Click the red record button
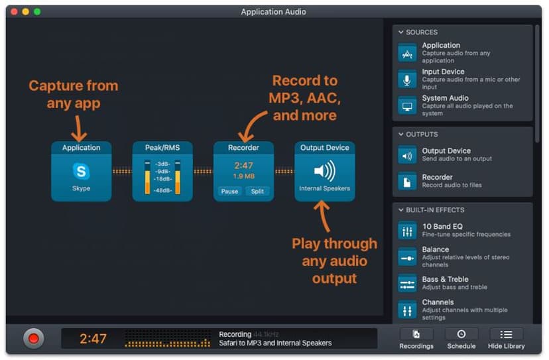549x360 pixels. (x=34, y=338)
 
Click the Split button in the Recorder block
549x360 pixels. (x=257, y=191)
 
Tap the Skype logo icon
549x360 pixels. (x=82, y=171)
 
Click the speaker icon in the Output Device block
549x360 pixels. (x=325, y=171)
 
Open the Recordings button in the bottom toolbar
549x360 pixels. (x=416, y=339)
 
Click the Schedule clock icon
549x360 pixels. (x=461, y=334)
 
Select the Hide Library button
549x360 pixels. (x=507, y=339)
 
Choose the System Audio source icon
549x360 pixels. (x=407, y=106)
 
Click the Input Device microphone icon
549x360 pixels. (x=407, y=80)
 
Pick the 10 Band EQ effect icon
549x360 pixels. (x=407, y=231)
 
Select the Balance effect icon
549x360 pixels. (x=407, y=258)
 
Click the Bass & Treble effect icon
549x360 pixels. (x=407, y=284)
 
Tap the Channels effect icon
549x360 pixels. (x=407, y=310)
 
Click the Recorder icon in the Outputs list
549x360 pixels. (x=407, y=182)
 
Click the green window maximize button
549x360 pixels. (x=37, y=12)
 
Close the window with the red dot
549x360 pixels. (x=15, y=12)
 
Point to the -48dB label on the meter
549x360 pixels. (x=162, y=190)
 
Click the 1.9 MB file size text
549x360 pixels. (x=244, y=176)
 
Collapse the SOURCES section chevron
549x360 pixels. (x=401, y=32)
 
